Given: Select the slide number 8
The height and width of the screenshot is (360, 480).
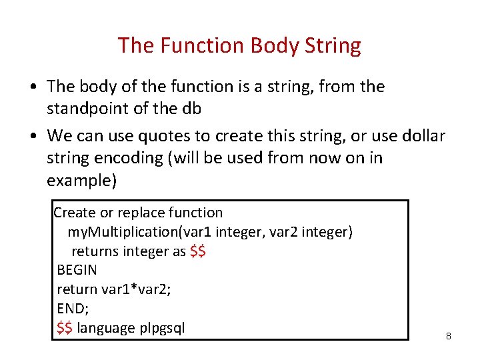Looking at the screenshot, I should tap(448, 336).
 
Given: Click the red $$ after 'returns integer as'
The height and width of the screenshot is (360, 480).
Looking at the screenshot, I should tap(198, 251).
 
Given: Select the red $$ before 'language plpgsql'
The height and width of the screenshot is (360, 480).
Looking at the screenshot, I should tap(65, 328).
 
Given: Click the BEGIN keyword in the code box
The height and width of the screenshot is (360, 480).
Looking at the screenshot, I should tap(77, 270).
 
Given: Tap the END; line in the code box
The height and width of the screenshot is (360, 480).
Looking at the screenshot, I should tap(73, 309).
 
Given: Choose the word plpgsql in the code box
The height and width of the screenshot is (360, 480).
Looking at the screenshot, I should tap(162, 328).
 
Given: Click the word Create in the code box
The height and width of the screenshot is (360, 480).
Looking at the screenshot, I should tap(75, 213).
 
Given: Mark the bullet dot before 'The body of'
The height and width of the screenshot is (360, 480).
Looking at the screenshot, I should tap(33, 87).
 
